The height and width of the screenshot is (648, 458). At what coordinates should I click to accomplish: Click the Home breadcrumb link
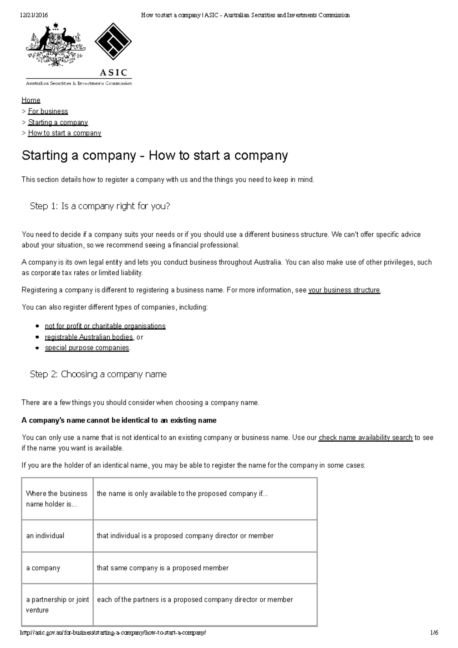tap(31, 100)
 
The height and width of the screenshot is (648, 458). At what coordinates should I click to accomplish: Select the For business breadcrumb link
tap(48, 111)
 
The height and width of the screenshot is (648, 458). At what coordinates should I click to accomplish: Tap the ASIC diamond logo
tap(113, 42)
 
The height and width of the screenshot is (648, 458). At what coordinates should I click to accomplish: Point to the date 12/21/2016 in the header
tap(34, 15)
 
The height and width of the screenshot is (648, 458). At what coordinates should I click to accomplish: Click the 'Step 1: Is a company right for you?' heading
tap(100, 206)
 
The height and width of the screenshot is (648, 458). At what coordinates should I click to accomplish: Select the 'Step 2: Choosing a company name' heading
tap(98, 374)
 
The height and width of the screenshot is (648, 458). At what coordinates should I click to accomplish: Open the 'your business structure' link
tap(344, 290)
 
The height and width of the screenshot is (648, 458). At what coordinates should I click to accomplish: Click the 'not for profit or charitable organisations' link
tap(105, 326)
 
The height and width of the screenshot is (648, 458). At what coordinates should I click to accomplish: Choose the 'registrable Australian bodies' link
tap(89, 337)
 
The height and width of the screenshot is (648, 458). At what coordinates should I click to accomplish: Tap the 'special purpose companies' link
tap(87, 348)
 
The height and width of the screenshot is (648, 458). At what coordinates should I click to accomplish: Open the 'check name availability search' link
tap(365, 438)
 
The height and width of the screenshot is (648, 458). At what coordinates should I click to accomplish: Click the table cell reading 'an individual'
tap(45, 536)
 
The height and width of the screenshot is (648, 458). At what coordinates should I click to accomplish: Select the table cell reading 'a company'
tap(43, 568)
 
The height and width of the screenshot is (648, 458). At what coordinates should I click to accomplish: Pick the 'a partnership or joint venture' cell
tap(57, 604)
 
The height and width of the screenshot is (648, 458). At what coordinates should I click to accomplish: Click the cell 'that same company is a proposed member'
tap(163, 568)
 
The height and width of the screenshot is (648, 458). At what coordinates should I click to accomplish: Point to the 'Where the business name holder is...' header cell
tap(56, 499)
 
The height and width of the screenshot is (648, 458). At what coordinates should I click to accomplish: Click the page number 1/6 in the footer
tap(434, 633)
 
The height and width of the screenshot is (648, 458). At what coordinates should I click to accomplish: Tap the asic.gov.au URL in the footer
tap(113, 633)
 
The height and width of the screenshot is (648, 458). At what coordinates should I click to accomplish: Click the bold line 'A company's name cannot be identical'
tap(119, 420)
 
